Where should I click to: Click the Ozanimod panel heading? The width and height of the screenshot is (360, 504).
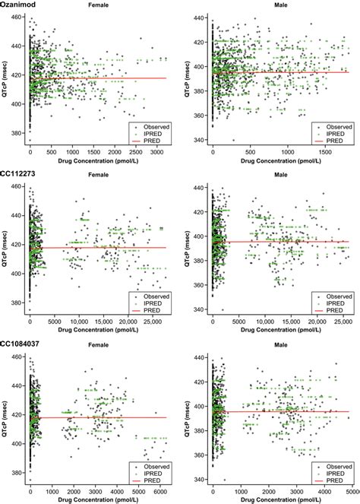click(18, 5)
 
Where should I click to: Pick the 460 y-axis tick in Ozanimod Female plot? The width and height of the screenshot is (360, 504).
click(17, 15)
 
